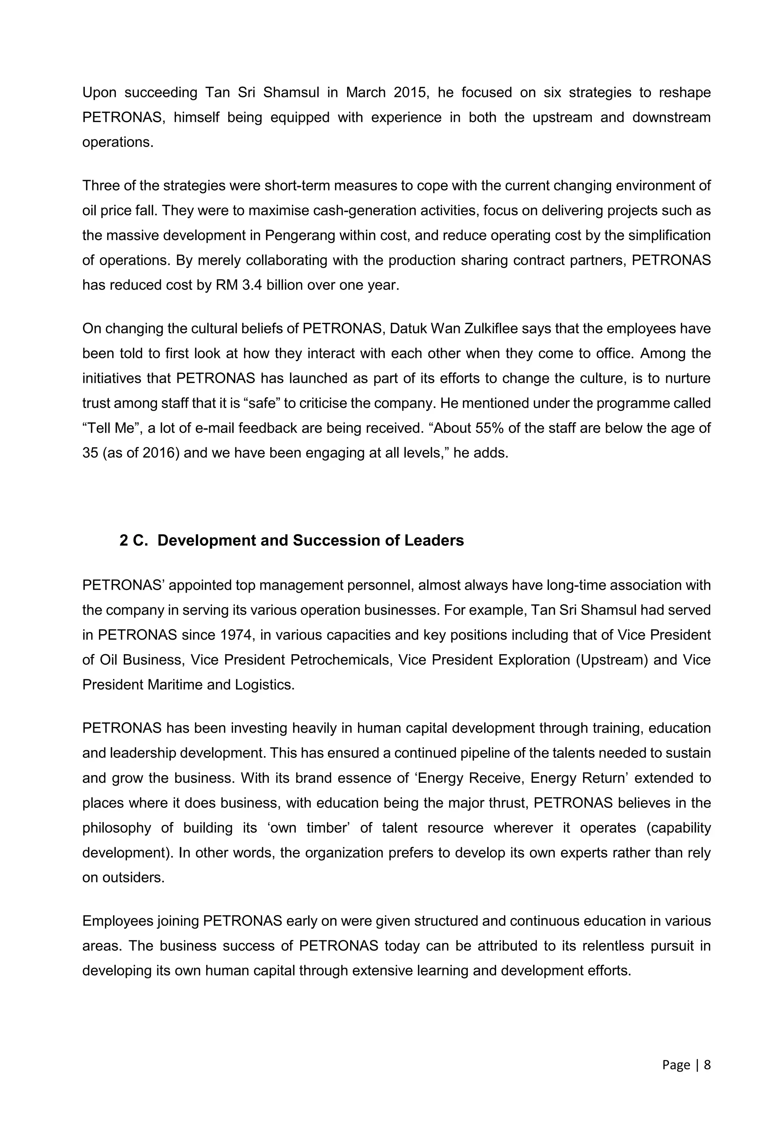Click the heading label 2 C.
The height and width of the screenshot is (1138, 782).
coord(133,541)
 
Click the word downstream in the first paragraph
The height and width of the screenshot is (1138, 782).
coord(671,118)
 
